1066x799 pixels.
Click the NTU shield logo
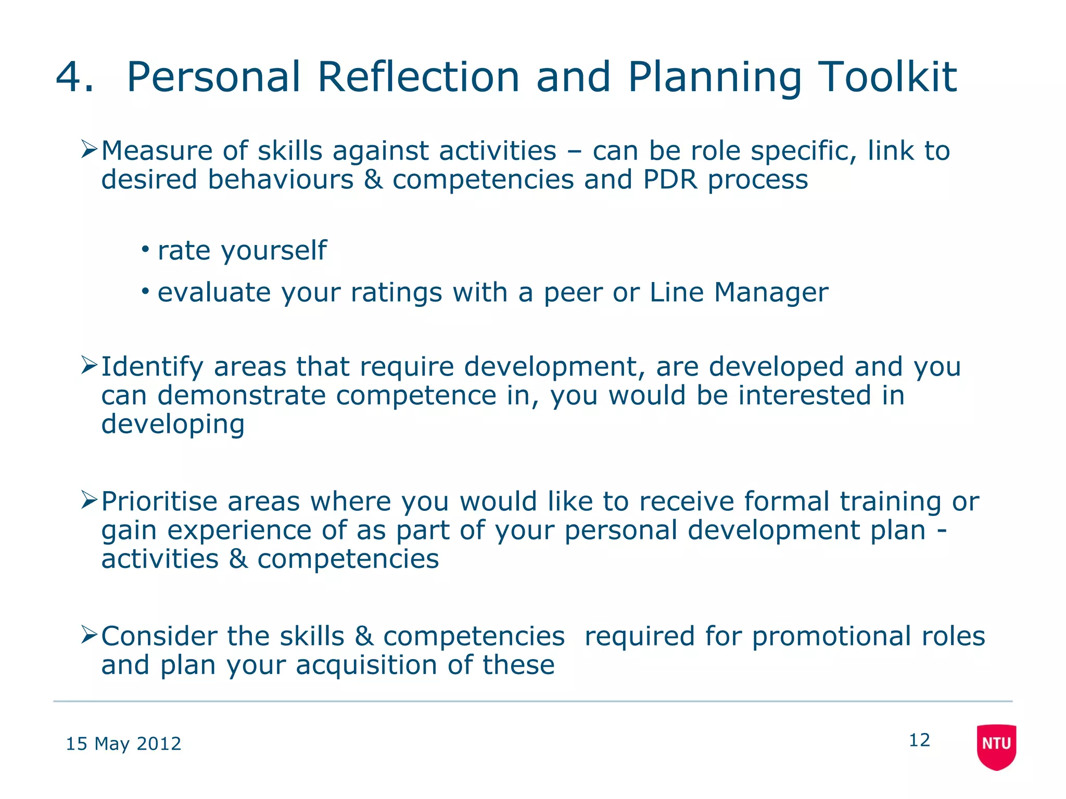(x=996, y=746)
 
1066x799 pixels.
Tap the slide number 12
(x=919, y=740)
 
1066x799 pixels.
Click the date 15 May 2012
(x=123, y=744)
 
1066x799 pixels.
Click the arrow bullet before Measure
(x=89, y=150)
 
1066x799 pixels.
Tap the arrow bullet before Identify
(x=89, y=366)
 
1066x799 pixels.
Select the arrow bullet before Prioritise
(x=89, y=500)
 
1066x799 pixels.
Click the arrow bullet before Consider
(x=89, y=635)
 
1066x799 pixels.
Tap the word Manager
(x=771, y=292)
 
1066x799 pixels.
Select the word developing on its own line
(x=173, y=425)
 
